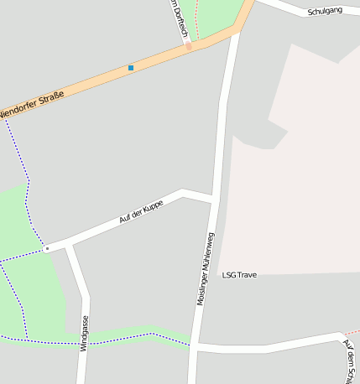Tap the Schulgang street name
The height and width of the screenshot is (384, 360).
(x=325, y=12)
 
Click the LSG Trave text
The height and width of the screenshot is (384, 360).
(x=239, y=274)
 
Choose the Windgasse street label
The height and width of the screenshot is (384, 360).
(x=84, y=333)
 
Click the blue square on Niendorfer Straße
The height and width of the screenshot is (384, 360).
(x=131, y=67)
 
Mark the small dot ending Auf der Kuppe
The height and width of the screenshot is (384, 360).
(x=48, y=248)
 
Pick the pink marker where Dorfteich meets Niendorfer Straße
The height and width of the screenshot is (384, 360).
(x=189, y=47)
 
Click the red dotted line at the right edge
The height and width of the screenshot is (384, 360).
(x=352, y=333)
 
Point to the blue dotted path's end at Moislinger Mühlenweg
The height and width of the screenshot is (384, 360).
(x=190, y=344)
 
